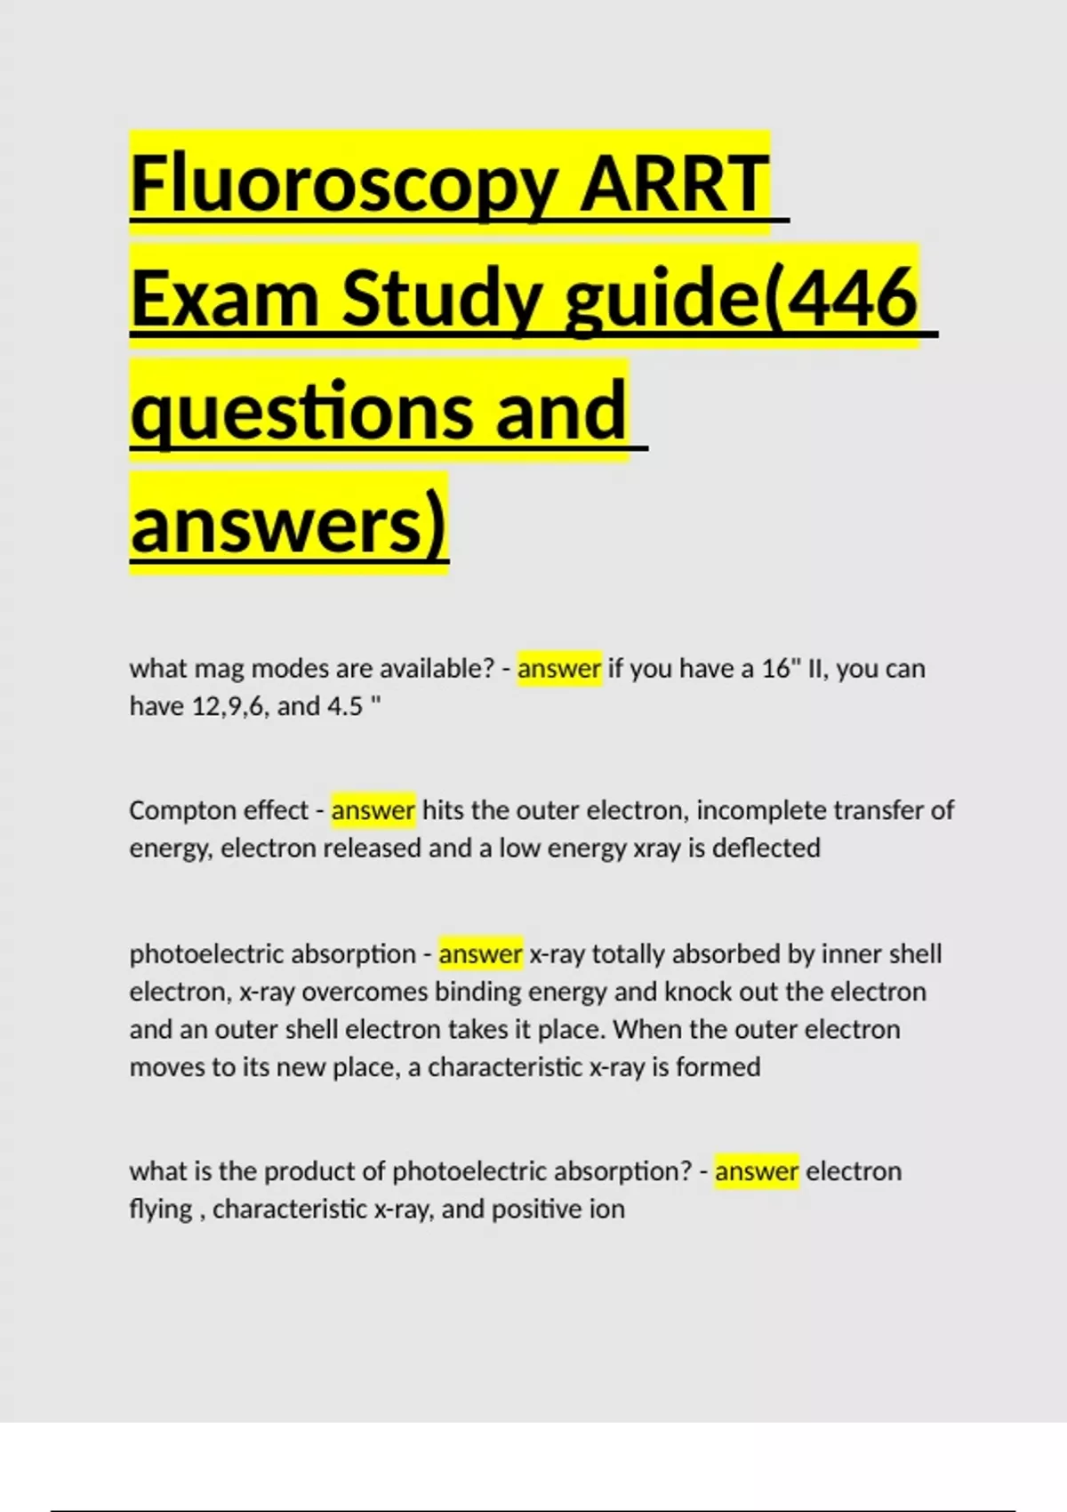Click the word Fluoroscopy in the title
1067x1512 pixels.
click(x=344, y=184)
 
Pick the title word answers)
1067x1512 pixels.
click(x=288, y=525)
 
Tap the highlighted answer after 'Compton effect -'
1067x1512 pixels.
click(x=373, y=810)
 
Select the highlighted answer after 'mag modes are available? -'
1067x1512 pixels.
click(x=558, y=668)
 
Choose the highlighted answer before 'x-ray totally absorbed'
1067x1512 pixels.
click(x=480, y=954)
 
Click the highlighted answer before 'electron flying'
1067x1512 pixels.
click(x=757, y=1171)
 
